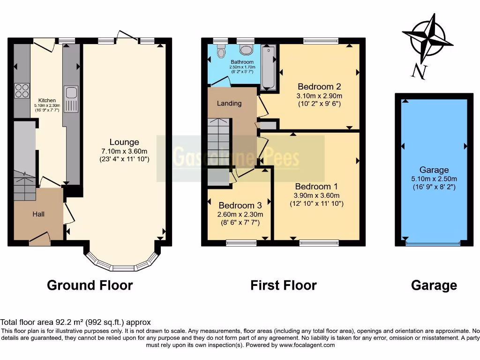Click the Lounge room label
(124, 142)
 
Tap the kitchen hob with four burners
(22, 90)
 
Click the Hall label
(38, 214)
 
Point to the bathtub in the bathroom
(268, 67)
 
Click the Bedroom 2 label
(319, 87)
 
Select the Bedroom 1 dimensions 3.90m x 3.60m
(316, 195)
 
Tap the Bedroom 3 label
(240, 205)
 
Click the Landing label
(229, 103)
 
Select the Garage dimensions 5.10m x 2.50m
(434, 179)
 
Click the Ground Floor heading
(90, 285)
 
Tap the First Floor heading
(283, 285)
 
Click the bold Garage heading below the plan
(434, 285)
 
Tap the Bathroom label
(242, 62)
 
